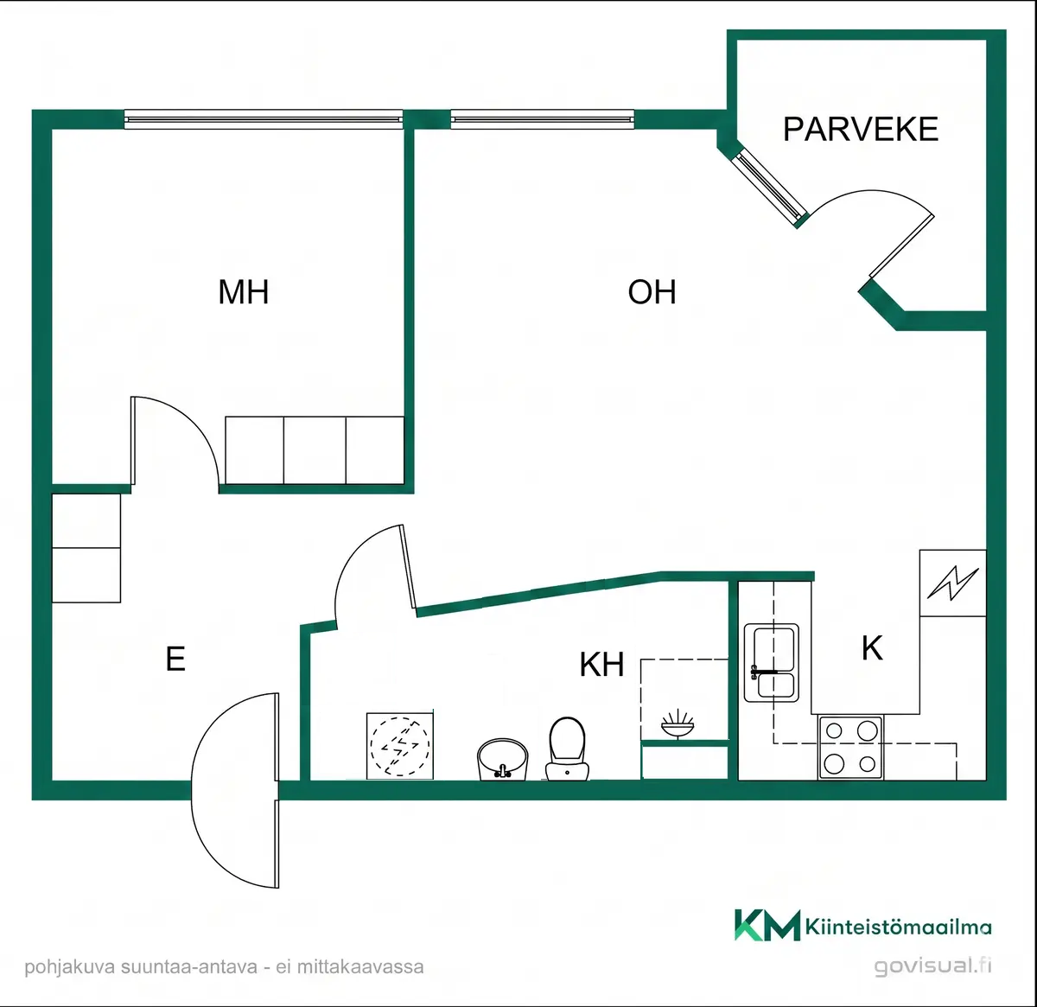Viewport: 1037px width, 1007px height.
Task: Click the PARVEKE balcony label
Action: [x=860, y=129]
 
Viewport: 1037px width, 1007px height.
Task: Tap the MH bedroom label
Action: [x=244, y=291]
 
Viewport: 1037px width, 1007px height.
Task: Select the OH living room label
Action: [x=652, y=291]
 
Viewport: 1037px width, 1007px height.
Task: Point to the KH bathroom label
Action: [x=601, y=664]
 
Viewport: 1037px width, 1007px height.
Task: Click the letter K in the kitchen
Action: [x=872, y=648]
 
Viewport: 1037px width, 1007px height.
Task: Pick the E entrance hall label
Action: [x=175, y=659]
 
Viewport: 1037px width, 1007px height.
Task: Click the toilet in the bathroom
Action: [x=567, y=749]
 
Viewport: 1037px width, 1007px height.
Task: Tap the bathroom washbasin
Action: [x=502, y=759]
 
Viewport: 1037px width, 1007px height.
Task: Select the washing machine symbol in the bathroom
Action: [x=399, y=746]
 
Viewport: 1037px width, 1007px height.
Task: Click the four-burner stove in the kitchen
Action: [x=850, y=747]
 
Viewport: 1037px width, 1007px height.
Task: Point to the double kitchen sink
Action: [x=771, y=663]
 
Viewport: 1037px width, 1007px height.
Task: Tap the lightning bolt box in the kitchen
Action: [x=953, y=583]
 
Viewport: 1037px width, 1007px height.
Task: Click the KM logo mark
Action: [x=767, y=925]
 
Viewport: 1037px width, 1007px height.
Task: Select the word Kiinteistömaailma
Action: [x=899, y=927]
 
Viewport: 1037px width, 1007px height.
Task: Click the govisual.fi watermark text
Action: [x=932, y=966]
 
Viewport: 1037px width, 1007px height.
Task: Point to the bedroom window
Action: [x=264, y=119]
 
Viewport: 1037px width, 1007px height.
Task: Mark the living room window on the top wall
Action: [x=543, y=119]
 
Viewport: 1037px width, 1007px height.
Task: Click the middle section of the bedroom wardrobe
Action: [x=315, y=450]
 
